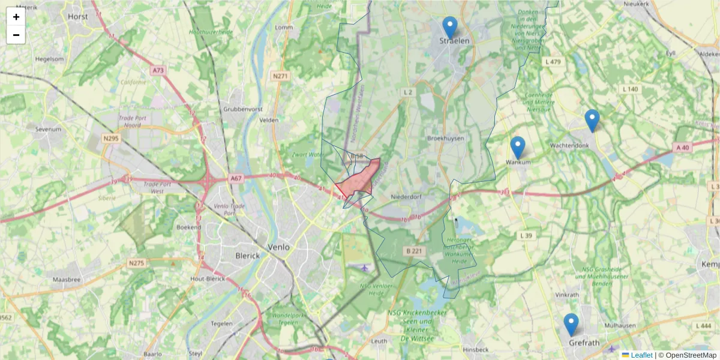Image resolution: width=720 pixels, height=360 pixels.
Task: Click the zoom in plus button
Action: pyautogui.click(x=16, y=17)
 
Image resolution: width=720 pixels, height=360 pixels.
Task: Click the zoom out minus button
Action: pyautogui.click(x=16, y=35)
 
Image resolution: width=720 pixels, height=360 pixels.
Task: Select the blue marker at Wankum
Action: pyautogui.click(x=518, y=148)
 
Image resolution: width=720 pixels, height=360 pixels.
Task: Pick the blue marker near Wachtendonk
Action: pyautogui.click(x=592, y=121)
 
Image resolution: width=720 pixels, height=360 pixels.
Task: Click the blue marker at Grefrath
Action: pyautogui.click(x=571, y=325)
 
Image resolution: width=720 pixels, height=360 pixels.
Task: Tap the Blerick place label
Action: pyautogui.click(x=248, y=256)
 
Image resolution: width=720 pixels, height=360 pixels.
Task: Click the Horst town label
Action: pyautogui.click(x=78, y=17)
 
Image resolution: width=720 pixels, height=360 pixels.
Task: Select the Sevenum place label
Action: pyautogui.click(x=49, y=129)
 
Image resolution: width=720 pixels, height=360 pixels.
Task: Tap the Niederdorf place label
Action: pyautogui.click(x=407, y=196)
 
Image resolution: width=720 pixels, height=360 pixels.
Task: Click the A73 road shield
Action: pyautogui.click(x=158, y=70)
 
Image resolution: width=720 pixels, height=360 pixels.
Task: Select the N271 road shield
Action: pyautogui.click(x=280, y=76)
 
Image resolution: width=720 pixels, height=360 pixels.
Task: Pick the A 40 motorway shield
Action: pyautogui.click(x=683, y=148)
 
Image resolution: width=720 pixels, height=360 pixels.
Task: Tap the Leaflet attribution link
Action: pyautogui.click(x=641, y=355)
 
